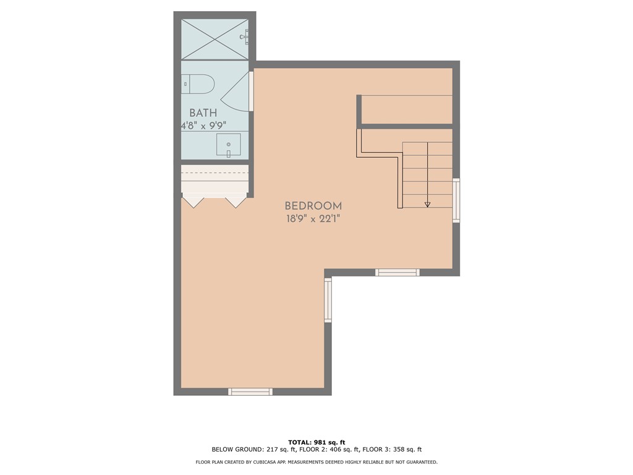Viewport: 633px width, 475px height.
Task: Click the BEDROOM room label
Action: tap(313, 205)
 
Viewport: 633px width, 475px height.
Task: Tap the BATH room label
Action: tap(203, 113)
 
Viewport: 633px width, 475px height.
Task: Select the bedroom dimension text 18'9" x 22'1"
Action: tap(313, 218)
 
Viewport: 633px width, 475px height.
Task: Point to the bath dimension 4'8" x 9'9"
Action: tap(203, 126)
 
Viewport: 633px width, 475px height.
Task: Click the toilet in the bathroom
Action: tap(198, 83)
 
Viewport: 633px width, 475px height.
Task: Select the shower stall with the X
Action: tap(215, 39)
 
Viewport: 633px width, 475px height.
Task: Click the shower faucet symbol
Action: tap(245, 37)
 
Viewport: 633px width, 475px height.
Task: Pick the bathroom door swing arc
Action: tap(236, 93)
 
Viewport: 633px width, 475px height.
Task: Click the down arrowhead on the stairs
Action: tap(427, 204)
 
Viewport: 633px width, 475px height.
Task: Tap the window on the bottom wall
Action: tap(250, 392)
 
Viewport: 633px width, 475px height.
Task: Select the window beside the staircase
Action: tap(456, 200)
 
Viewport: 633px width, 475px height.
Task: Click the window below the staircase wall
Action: tap(397, 272)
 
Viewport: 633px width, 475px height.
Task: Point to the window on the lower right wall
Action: tap(328, 299)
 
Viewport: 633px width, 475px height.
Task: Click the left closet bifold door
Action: tap(194, 202)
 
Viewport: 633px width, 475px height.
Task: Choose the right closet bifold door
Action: tap(236, 202)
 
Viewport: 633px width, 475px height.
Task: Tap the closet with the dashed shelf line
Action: tap(215, 179)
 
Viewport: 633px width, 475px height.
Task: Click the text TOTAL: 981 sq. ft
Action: tap(316, 442)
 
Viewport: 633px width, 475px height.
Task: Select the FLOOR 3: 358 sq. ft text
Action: tap(391, 450)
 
